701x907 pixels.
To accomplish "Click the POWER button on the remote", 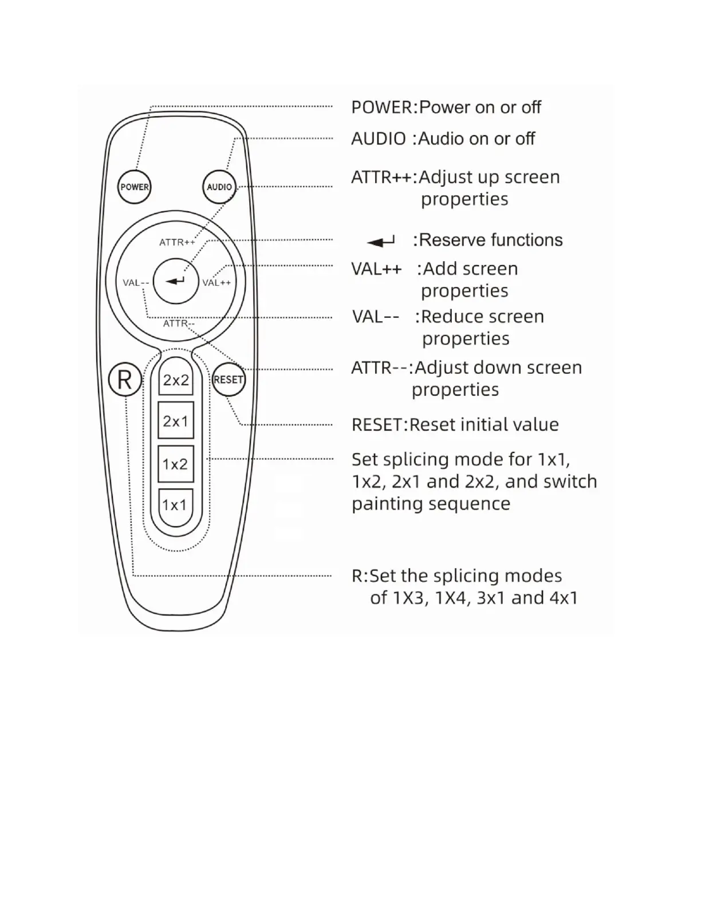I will tap(134, 187).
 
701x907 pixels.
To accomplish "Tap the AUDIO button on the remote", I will tap(219, 187).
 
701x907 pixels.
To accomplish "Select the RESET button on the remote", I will tap(229, 380).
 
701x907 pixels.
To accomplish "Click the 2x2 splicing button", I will tap(176, 380).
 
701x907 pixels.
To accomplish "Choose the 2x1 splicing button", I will tap(176, 421).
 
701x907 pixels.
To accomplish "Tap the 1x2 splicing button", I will tap(175, 464).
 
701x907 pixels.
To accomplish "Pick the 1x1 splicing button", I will tap(175, 505).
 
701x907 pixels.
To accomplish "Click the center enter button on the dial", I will tap(176, 281).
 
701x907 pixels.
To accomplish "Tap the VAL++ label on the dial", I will tap(216, 282).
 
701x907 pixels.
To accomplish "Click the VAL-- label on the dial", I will tap(136, 282).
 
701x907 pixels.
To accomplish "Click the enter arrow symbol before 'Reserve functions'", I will tap(381, 242).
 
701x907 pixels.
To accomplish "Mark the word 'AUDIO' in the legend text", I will tap(379, 139).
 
